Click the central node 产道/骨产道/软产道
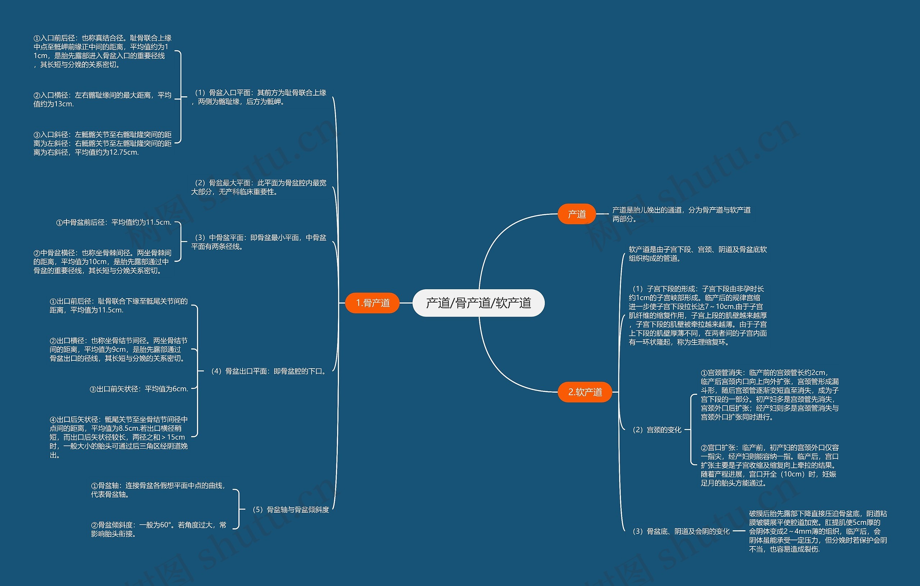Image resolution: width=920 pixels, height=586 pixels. [478, 303]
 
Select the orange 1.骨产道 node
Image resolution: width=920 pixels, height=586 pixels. [373, 303]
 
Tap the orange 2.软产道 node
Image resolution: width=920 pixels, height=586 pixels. [585, 392]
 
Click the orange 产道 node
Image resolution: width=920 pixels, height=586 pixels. [576, 214]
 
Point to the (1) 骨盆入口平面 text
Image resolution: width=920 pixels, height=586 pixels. [259, 97]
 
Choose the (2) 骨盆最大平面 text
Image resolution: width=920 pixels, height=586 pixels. [259, 187]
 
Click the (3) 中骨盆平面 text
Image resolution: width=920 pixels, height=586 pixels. [259, 242]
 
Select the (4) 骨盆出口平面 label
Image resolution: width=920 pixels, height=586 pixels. [268, 371]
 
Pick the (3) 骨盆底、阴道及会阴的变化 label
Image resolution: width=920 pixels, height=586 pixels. [681, 531]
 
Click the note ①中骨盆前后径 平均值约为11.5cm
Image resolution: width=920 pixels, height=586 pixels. [114, 222]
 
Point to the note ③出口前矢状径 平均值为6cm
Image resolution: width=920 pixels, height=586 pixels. [139, 389]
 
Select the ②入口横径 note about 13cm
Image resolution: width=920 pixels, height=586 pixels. [102, 99]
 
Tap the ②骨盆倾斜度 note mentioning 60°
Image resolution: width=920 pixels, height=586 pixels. [158, 529]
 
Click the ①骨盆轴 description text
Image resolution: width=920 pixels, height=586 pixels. [158, 490]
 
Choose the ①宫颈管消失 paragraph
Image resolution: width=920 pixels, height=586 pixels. [769, 394]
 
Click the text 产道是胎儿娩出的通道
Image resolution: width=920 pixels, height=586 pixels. [681, 214]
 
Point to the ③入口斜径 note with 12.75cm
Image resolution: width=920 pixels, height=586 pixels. [102, 143]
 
